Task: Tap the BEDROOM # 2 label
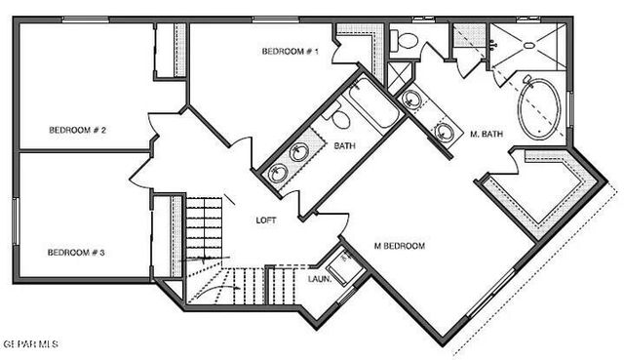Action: click(78, 130)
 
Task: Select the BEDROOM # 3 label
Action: click(76, 253)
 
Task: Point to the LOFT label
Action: click(266, 220)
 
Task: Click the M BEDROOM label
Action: click(400, 246)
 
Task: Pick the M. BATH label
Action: click(487, 134)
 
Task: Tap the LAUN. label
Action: click(320, 280)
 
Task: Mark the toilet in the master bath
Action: click(406, 41)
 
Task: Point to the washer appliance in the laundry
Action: click(343, 266)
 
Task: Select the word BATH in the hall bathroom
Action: click(344, 146)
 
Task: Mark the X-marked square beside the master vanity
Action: click(399, 77)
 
